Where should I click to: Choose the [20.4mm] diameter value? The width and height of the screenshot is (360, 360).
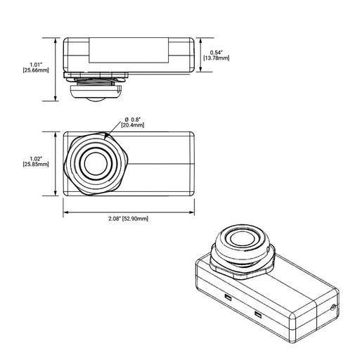133,125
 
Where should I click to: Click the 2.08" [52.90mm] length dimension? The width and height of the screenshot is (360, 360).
129,219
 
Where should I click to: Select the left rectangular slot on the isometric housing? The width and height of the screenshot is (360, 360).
228,299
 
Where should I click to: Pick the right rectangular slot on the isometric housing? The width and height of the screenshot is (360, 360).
258,314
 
